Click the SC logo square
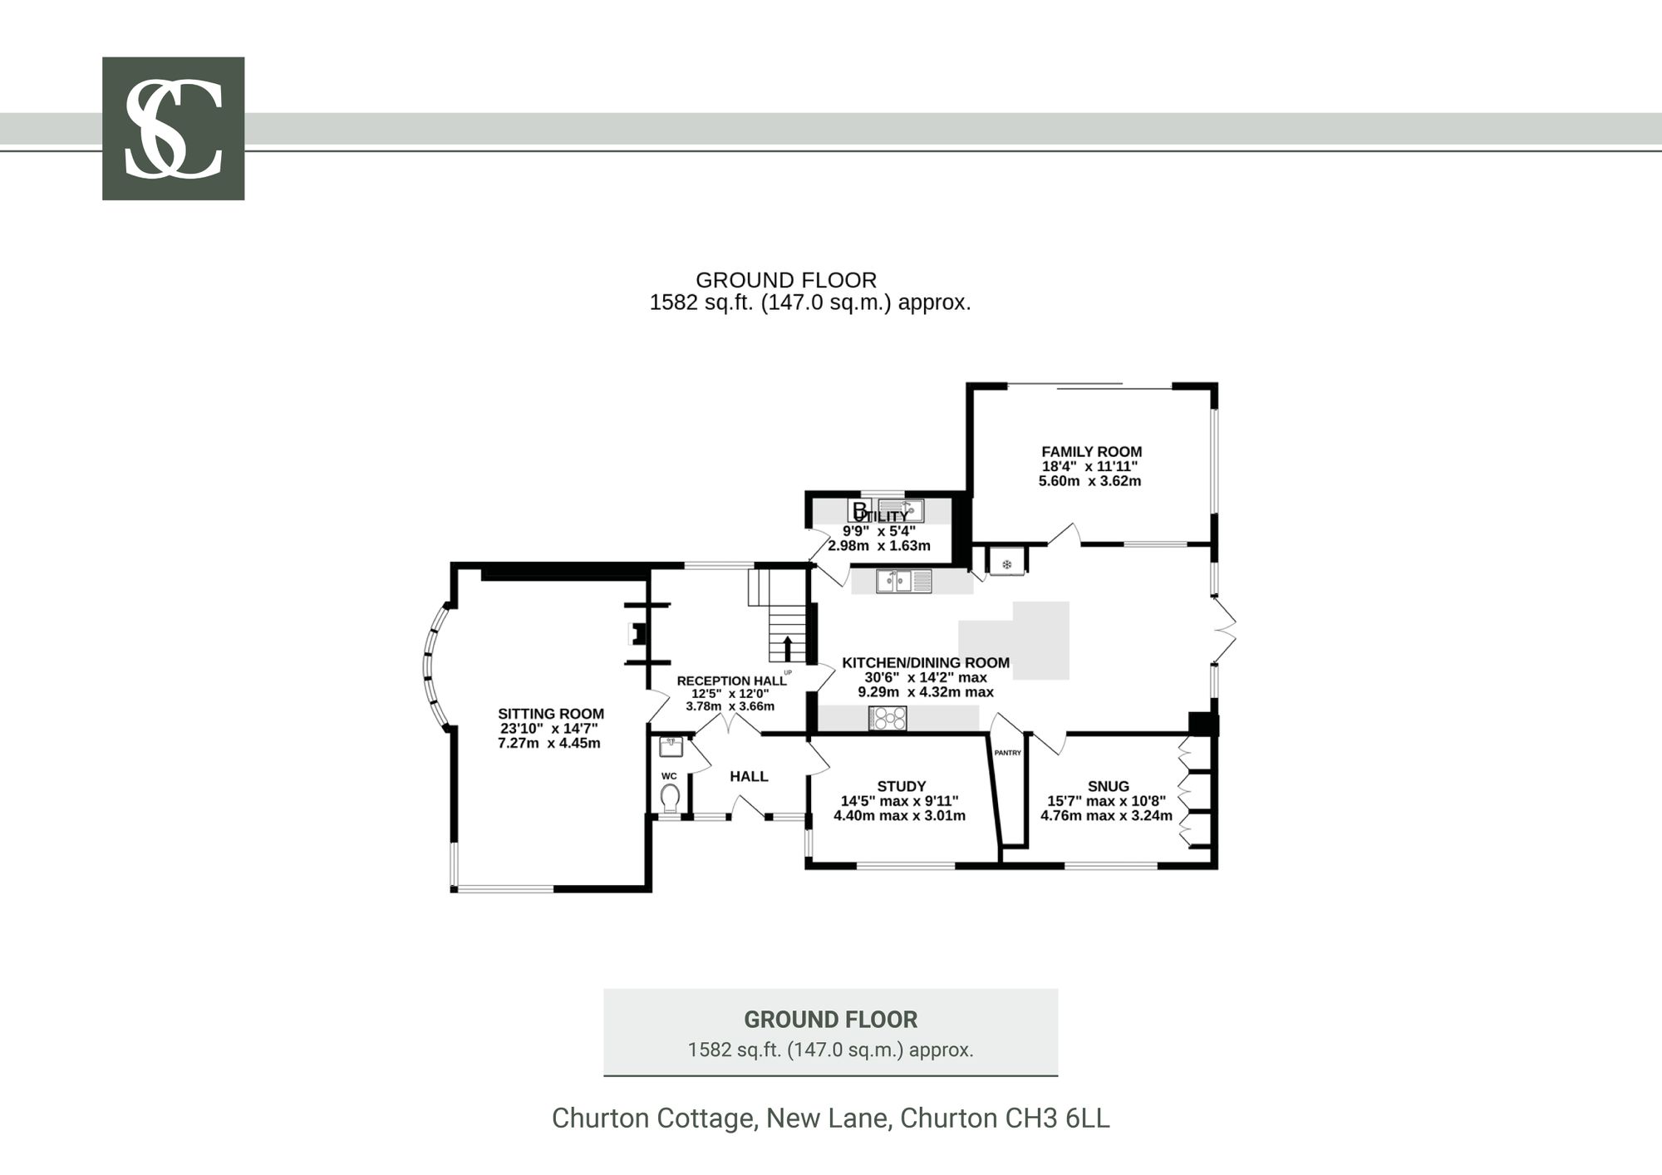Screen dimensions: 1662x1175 173,129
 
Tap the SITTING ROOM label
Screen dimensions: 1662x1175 551,714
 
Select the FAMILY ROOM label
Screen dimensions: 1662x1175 1091,452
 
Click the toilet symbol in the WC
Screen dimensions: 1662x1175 670,799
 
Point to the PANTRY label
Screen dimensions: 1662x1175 1007,753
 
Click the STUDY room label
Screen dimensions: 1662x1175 902,786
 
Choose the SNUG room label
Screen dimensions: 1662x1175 1109,786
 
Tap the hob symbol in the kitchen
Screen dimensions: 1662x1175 888,718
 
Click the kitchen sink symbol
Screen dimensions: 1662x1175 905,580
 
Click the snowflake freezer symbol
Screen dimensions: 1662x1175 1007,565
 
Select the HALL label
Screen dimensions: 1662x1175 749,776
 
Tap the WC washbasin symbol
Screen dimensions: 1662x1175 671,746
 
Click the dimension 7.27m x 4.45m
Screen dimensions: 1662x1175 549,743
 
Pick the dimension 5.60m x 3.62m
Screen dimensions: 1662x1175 1090,480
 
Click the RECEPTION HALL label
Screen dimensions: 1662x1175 731,681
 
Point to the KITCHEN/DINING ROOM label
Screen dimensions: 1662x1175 926,662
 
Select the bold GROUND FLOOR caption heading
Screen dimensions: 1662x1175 831,1020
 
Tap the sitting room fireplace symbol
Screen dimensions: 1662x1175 637,635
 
